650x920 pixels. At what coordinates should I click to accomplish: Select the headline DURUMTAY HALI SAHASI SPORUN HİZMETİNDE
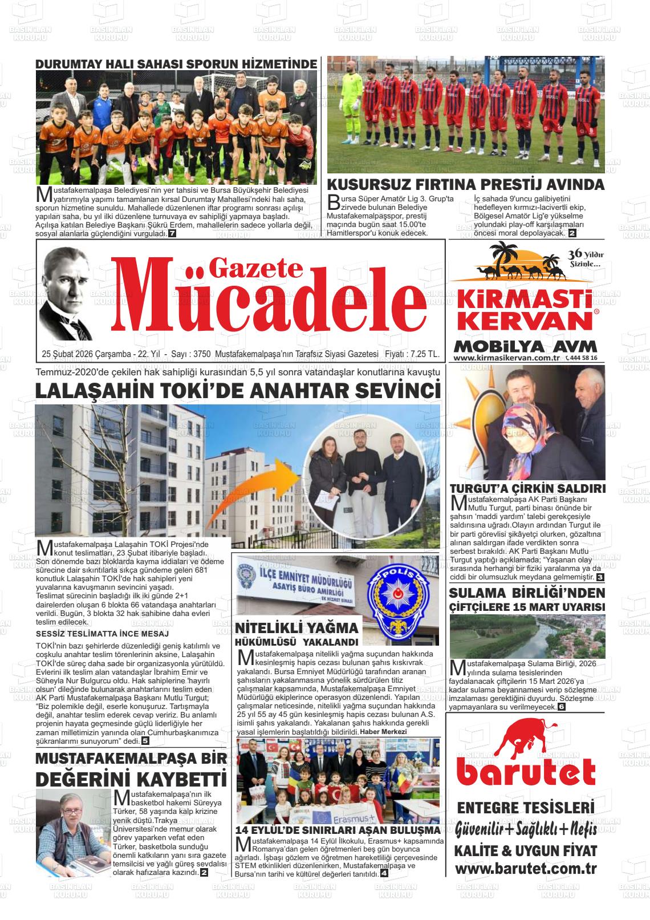pos(176,64)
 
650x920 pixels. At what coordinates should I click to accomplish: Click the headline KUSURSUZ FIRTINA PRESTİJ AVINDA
pos(465,185)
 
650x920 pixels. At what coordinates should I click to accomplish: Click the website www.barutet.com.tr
pos(526,869)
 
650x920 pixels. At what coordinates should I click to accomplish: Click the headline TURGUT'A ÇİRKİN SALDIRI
pos(527,489)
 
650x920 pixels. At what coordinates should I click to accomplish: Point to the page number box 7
pos(172,234)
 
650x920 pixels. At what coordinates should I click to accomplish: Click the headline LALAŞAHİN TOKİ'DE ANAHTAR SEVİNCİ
pos(238,391)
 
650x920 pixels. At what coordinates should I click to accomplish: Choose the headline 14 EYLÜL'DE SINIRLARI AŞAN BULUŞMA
pos(338,830)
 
